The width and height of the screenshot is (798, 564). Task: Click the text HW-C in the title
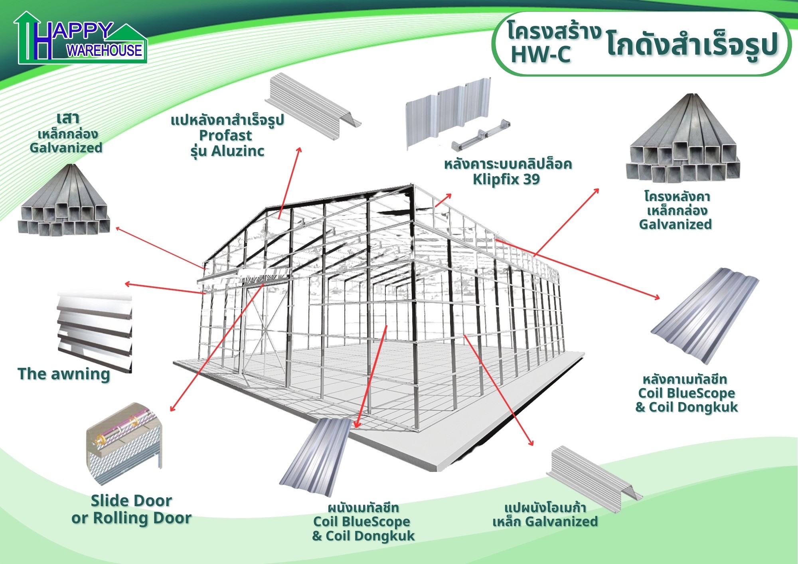541,55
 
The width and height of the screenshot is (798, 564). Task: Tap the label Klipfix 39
506,179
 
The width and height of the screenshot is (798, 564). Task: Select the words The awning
64,374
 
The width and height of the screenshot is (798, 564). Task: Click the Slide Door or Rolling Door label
131,509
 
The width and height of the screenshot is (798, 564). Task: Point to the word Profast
225,136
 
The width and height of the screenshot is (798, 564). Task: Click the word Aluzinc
238,151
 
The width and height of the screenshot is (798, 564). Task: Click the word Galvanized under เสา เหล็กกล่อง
66,148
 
